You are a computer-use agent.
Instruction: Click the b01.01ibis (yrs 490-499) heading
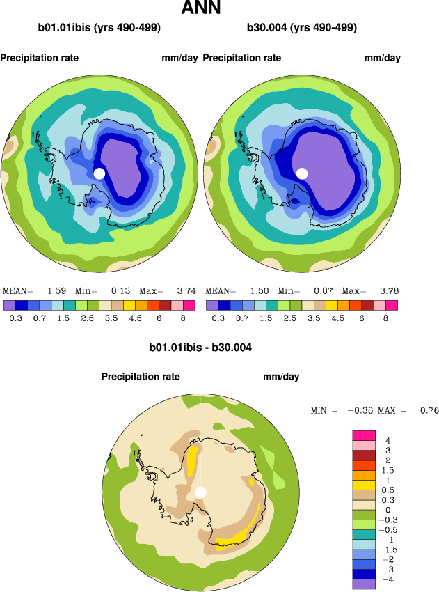tap(99, 29)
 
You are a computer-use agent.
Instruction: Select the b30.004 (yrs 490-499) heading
tap(302, 29)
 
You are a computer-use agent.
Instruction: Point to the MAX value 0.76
tap(429, 411)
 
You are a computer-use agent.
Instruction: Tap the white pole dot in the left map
tap(99, 173)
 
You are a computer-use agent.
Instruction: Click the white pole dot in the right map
tap(302, 173)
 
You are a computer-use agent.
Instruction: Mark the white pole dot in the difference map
tap(201, 492)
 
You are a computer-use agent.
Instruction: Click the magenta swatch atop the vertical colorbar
tap(363, 435)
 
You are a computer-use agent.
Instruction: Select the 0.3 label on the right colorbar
tap(218, 318)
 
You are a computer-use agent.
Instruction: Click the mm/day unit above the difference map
tap(281, 377)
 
